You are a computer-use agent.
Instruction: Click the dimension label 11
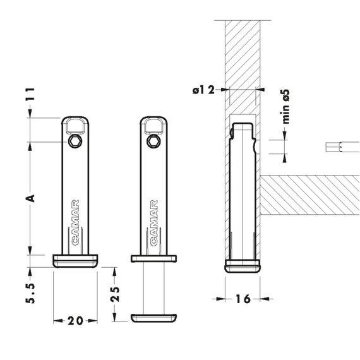click(x=30, y=93)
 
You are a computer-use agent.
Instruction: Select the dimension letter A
click(x=30, y=198)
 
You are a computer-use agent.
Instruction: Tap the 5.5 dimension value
click(x=30, y=293)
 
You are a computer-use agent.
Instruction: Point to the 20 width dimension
click(x=75, y=321)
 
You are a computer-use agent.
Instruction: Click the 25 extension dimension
click(x=115, y=294)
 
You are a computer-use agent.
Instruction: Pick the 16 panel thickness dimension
click(x=243, y=299)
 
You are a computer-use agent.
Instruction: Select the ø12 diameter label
click(x=203, y=90)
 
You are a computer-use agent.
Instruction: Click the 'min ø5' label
click(x=285, y=107)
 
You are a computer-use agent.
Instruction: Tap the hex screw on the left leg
click(x=75, y=141)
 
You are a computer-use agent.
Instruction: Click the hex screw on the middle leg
click(x=153, y=141)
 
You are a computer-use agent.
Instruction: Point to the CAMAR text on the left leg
click(x=76, y=223)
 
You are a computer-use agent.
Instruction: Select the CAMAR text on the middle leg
click(x=154, y=223)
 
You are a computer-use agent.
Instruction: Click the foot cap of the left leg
click(x=75, y=261)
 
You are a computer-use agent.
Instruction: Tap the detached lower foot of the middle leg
click(x=153, y=318)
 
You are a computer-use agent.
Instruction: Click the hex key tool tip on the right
click(x=342, y=147)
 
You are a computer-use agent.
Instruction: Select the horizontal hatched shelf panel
click(x=310, y=195)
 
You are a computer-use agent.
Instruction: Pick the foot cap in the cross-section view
click(x=243, y=266)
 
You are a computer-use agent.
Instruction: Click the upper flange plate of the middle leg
click(x=153, y=258)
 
